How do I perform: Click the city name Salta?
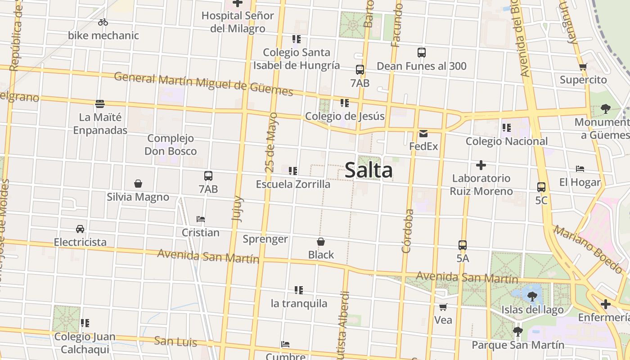click(369, 171)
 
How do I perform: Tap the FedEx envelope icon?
click(423, 134)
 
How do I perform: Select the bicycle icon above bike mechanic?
click(103, 22)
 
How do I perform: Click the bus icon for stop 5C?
click(541, 187)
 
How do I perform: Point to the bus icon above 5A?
click(463, 245)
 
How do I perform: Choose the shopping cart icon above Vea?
click(443, 307)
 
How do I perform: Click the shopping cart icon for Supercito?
click(583, 67)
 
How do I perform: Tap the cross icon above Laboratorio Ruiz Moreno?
click(481, 165)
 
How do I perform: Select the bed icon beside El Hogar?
click(580, 169)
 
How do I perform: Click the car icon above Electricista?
click(80, 229)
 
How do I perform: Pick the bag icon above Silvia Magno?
click(138, 184)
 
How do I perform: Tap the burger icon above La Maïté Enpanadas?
click(100, 104)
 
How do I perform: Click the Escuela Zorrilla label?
click(293, 184)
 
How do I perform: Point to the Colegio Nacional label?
click(507, 141)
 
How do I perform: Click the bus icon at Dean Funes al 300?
click(422, 53)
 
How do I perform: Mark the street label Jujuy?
click(237, 208)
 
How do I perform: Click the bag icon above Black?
click(321, 242)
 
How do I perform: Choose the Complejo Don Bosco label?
click(171, 144)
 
